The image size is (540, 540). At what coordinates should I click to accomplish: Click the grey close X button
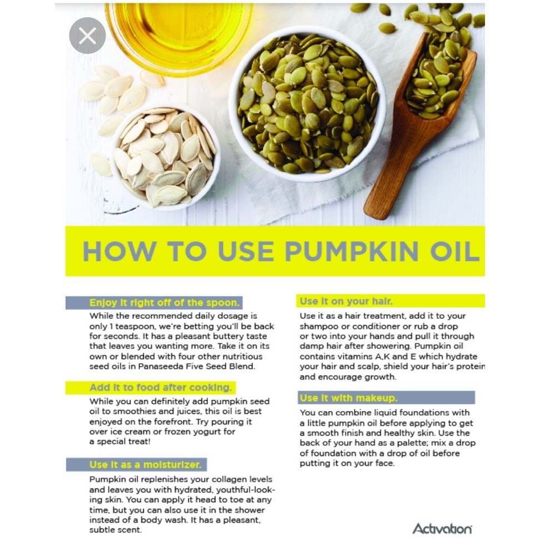point(87,36)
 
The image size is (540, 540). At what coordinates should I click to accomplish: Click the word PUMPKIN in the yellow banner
point(352,251)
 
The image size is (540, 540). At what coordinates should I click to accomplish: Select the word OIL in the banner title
point(455,251)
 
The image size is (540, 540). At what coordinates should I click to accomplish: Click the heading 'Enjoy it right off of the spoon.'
point(164,303)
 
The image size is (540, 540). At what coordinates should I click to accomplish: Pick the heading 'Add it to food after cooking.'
point(161,387)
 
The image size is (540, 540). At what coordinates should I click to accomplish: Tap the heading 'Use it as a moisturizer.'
point(146,464)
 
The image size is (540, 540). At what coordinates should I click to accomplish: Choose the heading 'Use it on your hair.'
point(346,301)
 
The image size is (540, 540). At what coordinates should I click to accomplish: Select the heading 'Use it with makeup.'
point(348,398)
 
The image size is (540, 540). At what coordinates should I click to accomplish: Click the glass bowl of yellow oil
point(179,33)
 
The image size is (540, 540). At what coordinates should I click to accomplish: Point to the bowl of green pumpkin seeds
point(308,103)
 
